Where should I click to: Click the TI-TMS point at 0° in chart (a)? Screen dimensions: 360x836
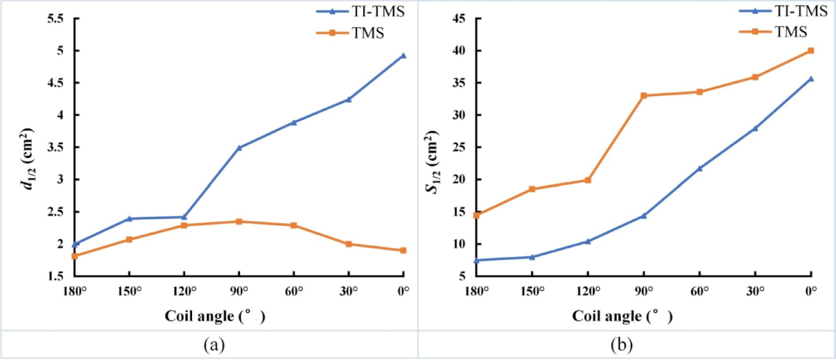tap(403, 56)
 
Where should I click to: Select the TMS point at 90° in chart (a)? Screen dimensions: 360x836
tap(239, 221)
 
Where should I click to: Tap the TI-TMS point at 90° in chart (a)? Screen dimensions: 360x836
tap(239, 147)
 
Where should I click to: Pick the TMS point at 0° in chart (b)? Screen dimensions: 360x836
tap(810, 50)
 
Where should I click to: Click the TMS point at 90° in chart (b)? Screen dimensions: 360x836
tap(643, 95)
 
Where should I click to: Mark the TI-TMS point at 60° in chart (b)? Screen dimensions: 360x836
tap(699, 168)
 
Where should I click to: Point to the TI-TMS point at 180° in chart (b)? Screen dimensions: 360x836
tap(476, 260)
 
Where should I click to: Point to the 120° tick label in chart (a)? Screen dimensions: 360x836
tap(183, 292)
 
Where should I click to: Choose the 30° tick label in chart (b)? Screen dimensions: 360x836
tap(755, 292)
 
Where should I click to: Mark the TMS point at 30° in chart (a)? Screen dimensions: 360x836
tap(348, 244)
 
